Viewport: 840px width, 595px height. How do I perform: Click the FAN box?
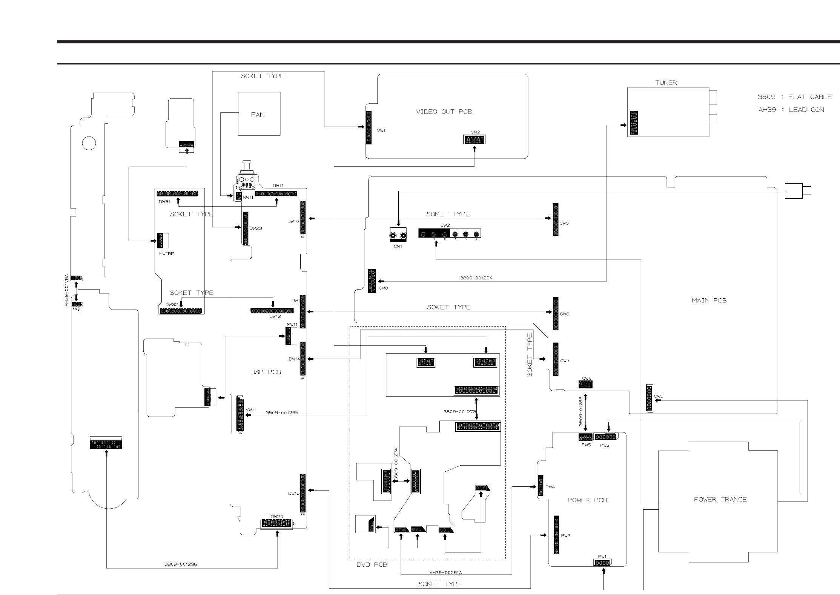pos(259,114)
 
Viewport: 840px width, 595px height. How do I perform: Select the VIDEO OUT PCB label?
pos(444,112)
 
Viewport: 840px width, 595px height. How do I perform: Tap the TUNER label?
pos(666,83)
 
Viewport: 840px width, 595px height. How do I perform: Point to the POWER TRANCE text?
pos(720,499)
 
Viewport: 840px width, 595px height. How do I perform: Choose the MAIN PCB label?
pos(709,301)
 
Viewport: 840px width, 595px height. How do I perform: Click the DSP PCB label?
pos(266,372)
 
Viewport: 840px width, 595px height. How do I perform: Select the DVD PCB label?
pos(372,564)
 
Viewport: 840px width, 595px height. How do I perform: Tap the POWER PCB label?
pos(587,500)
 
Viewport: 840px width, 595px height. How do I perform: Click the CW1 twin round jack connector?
pos(398,236)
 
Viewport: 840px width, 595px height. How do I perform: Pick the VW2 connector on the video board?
pos(474,140)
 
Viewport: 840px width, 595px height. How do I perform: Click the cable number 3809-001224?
pos(476,278)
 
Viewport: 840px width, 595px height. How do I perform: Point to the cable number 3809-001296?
pos(180,564)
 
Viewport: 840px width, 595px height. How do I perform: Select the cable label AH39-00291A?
pos(445,572)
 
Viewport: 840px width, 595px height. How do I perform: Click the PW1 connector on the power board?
pos(602,563)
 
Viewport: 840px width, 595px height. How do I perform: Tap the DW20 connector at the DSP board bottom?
pos(276,523)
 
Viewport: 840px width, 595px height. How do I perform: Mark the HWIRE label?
pos(166,254)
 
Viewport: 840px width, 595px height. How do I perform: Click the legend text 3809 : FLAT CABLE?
pos(794,97)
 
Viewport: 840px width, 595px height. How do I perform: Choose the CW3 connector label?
pos(659,396)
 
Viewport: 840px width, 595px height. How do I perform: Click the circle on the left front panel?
pos(89,143)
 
